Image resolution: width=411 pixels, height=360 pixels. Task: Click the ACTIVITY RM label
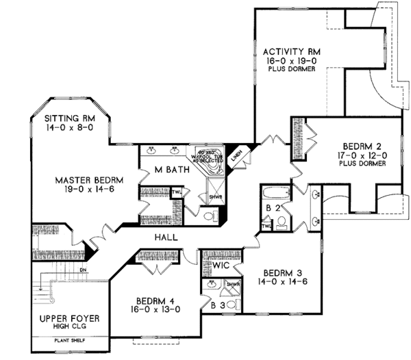click(292, 52)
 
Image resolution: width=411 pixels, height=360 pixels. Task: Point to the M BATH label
click(168, 169)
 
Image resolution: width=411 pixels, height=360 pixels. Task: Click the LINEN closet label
click(236, 155)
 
